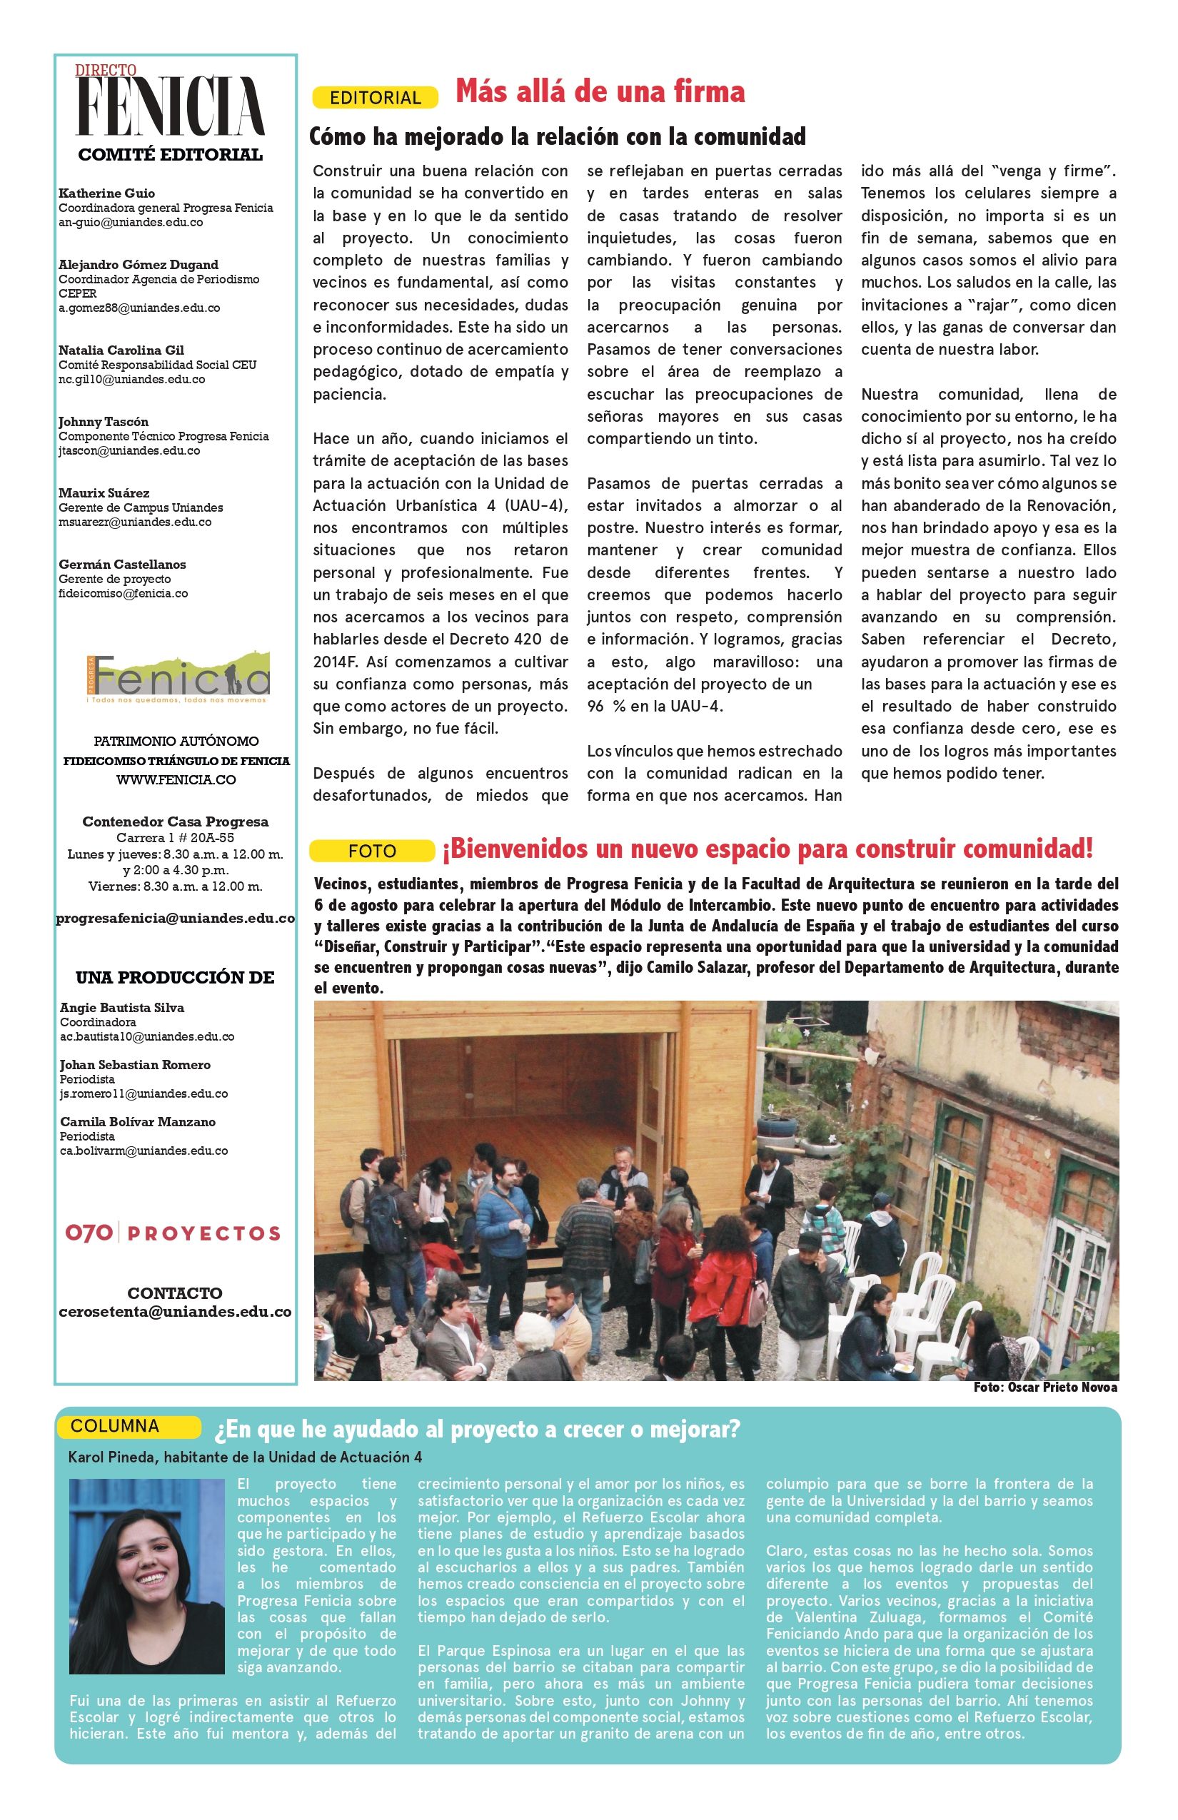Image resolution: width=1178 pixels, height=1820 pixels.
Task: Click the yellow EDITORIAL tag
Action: tap(375, 98)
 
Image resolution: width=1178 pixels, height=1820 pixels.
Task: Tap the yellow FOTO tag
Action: tap(372, 851)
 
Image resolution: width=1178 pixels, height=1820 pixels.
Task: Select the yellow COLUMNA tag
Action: tap(115, 1426)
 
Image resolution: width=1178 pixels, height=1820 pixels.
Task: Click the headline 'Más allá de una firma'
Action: tap(600, 92)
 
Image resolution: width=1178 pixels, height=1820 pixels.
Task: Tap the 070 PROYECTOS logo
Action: tap(173, 1233)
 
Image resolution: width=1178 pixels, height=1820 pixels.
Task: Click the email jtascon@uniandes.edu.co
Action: tap(129, 450)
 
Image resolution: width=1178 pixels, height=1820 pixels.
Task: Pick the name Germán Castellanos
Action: tap(122, 565)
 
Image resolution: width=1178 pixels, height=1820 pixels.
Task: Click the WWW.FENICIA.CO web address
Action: tap(176, 780)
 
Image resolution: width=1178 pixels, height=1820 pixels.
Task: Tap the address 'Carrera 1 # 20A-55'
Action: tap(175, 838)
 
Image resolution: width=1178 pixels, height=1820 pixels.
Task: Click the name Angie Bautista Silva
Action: tap(121, 1008)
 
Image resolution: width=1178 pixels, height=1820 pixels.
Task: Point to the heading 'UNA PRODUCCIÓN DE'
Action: tap(175, 977)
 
